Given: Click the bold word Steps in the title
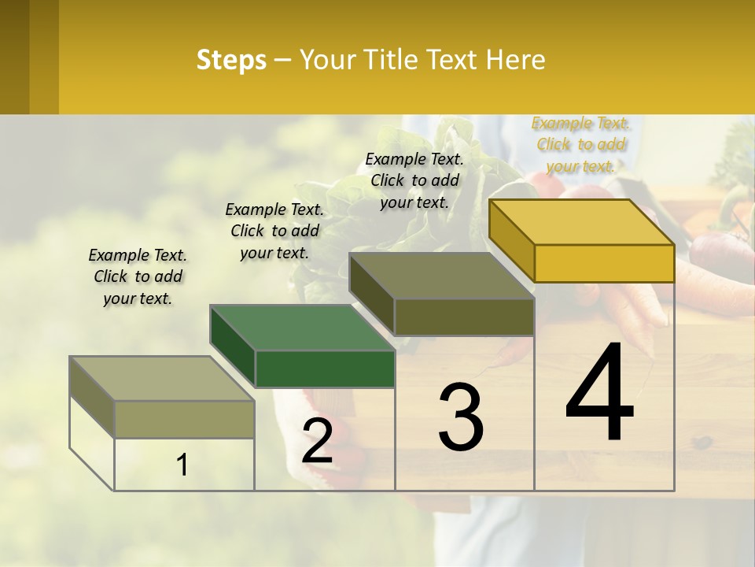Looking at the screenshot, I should (231, 60).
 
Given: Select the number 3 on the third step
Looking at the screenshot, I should (461, 417).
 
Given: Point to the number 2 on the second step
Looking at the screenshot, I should (317, 441).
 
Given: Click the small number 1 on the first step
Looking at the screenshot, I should (182, 465).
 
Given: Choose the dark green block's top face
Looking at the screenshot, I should (302, 328).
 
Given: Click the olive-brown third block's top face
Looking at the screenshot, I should (442, 276).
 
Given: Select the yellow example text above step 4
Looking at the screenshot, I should (581, 144).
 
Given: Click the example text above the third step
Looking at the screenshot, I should (414, 180).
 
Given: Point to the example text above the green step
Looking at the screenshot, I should (274, 231).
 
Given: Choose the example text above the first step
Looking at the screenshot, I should (138, 276).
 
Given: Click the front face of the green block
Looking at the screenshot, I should (325, 369).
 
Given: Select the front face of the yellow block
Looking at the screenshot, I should (604, 263).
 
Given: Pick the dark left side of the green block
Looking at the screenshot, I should (233, 346).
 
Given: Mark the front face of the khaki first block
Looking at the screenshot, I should (184, 419).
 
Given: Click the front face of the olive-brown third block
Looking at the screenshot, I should (464, 317).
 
